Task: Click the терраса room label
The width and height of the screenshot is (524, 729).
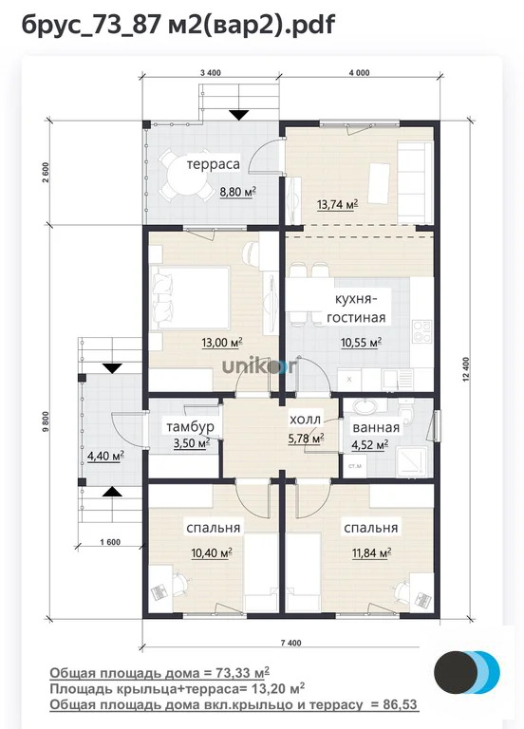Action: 213,164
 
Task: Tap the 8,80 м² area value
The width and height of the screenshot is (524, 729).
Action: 237,191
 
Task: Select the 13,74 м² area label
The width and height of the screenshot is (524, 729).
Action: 337,204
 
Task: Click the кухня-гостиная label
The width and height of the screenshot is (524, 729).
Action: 356,308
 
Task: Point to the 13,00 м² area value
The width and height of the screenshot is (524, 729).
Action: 222,343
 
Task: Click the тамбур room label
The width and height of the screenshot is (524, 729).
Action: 190,426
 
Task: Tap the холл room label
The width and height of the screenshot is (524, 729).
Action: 305,420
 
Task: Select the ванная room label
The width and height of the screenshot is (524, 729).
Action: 376,428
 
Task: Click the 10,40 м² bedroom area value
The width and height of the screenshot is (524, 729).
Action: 212,552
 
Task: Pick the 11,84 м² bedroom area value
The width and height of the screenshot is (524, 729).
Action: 371,552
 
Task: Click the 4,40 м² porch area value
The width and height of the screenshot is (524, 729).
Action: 105,456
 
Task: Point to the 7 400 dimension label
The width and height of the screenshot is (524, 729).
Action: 290,643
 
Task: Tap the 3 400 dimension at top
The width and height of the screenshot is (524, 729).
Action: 210,72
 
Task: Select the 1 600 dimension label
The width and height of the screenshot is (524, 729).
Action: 110,542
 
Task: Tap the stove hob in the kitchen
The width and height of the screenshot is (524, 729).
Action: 422,331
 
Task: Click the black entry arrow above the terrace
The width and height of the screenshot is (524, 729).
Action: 239,115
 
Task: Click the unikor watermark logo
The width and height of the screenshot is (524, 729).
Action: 258,365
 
